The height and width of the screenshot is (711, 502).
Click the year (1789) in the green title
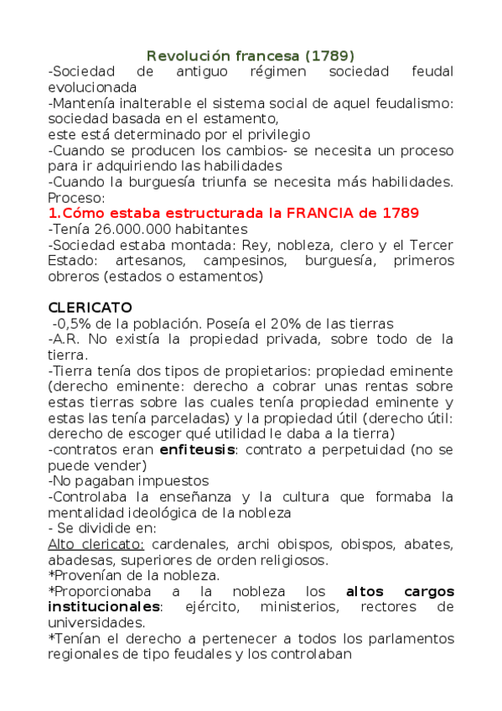(x=330, y=55)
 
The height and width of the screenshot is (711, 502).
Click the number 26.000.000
(x=129, y=229)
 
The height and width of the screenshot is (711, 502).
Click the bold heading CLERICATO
(x=90, y=308)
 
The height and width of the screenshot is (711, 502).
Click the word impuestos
(x=171, y=481)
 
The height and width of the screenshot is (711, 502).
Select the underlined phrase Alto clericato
(x=96, y=544)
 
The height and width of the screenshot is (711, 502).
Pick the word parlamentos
(x=410, y=639)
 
